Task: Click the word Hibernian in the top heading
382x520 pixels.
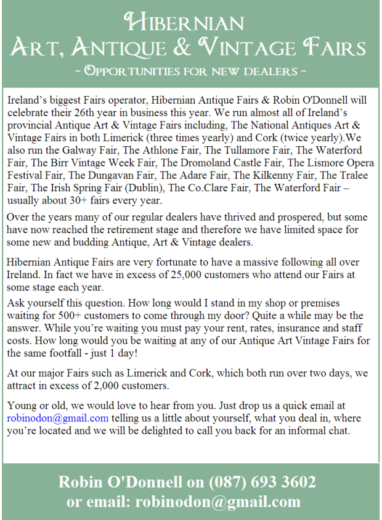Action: coord(185,23)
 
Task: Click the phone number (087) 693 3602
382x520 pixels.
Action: coord(262,482)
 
